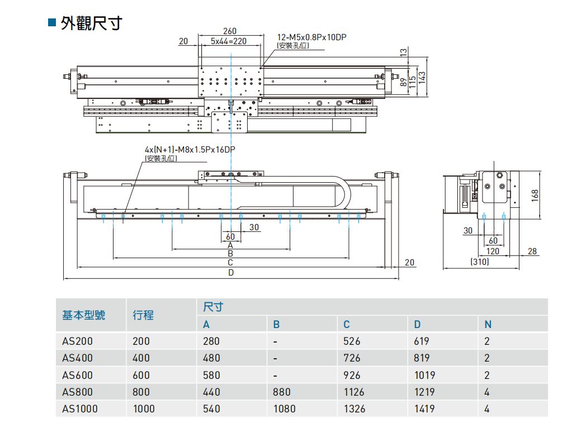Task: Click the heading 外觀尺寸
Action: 91,23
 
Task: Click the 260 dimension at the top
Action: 229,31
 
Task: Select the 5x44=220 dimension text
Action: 229,41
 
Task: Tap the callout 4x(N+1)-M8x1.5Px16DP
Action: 190,150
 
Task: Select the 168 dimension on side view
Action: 535,194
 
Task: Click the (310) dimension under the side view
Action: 480,261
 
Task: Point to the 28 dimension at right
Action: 532,251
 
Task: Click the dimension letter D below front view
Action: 230,272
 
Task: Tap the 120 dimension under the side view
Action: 493,251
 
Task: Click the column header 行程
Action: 143,315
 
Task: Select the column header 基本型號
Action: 83,315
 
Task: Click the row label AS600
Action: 78,375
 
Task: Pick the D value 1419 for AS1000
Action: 424,409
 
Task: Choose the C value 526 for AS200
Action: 352,341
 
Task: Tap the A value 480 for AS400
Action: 211,358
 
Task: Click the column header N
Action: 488,324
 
